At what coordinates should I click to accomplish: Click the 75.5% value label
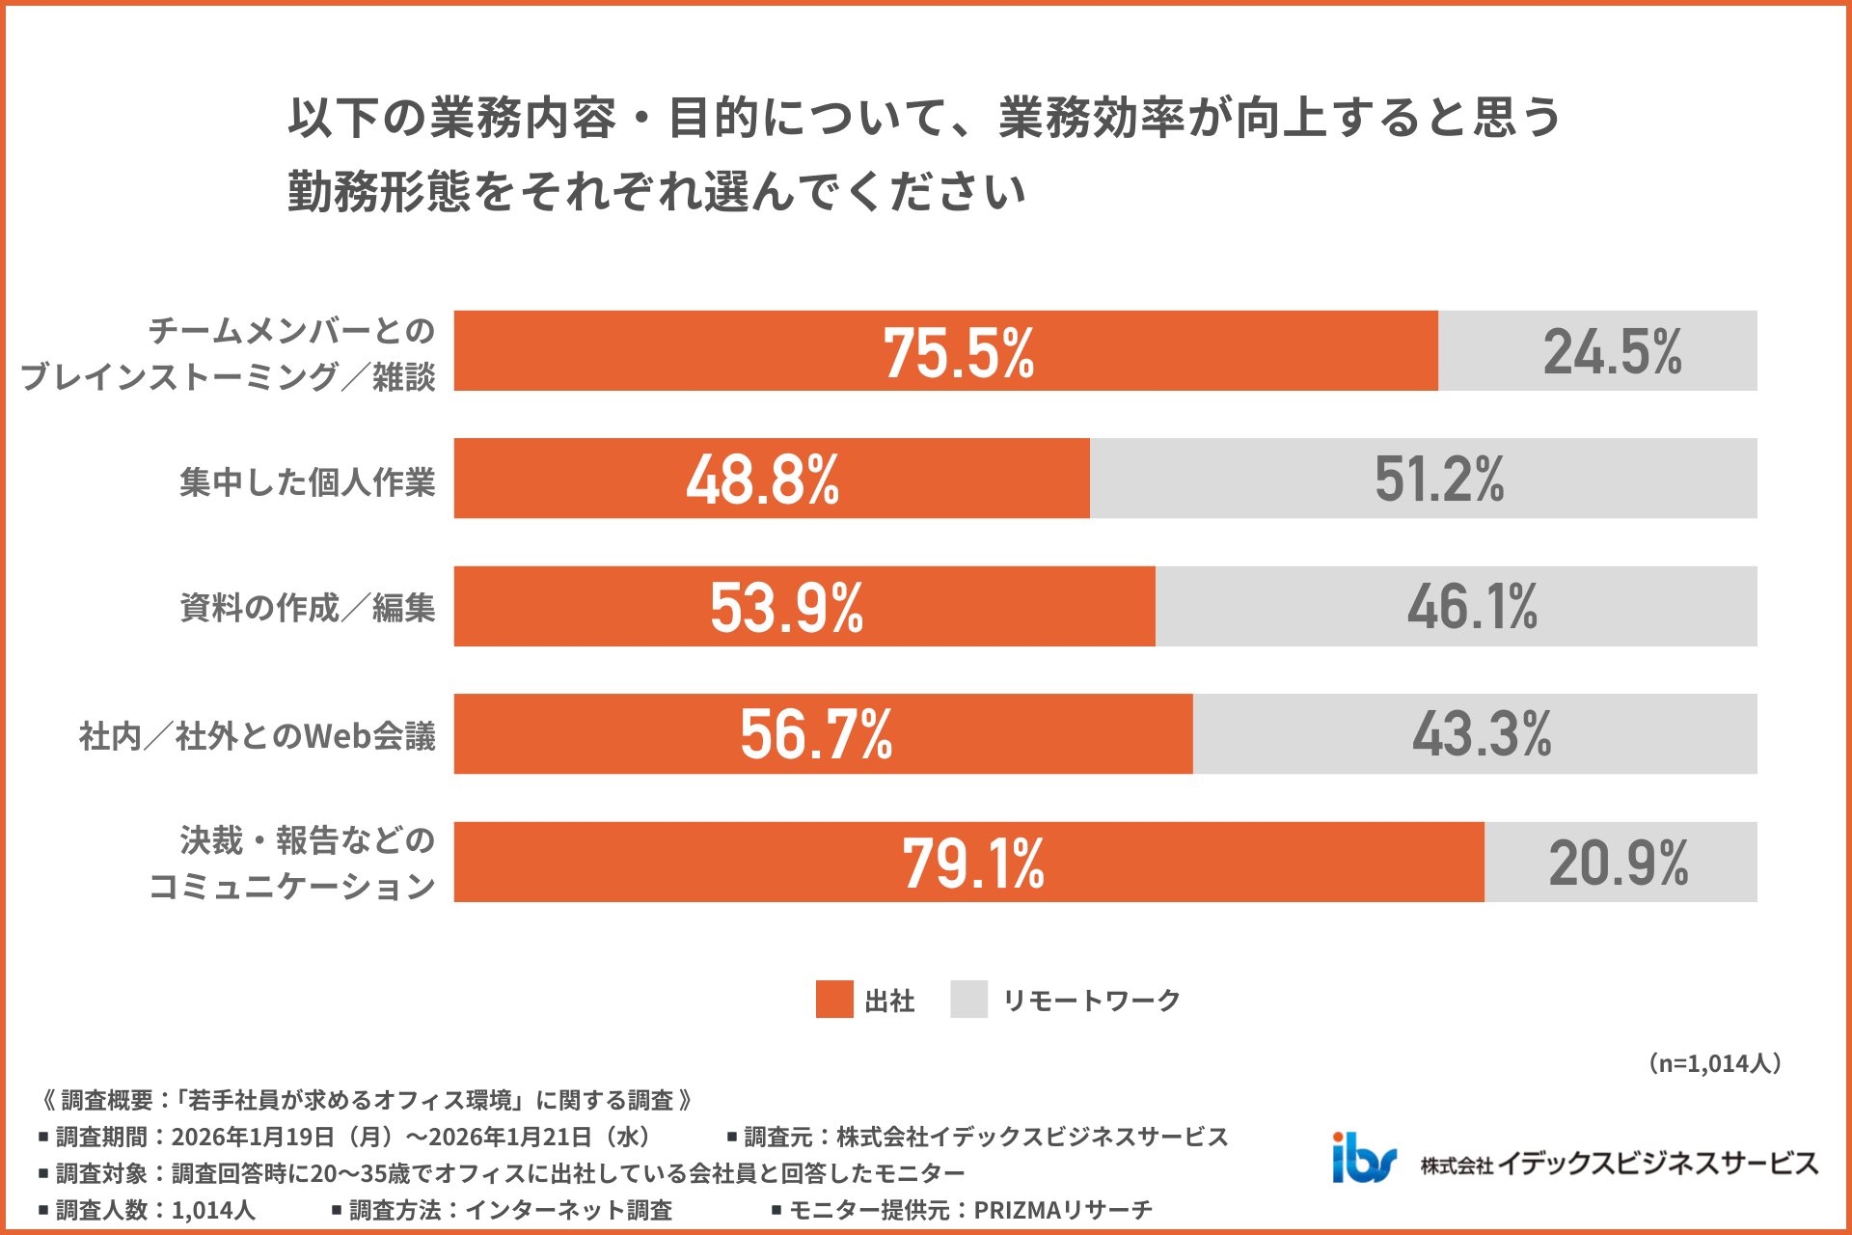[958, 352]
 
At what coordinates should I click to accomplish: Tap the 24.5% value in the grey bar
[1612, 352]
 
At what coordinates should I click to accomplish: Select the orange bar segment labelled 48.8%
[762, 480]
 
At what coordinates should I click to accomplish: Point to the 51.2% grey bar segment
[1438, 480]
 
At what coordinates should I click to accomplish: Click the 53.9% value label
[786, 608]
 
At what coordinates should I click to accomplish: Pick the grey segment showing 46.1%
[1472, 608]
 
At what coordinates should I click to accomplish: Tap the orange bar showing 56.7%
[816, 735]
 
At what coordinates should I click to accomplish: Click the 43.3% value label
[1482, 735]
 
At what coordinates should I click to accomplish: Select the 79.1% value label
[972, 864]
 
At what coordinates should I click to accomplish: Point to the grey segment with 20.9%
[1619, 864]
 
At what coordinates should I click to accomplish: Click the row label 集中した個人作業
[307, 481]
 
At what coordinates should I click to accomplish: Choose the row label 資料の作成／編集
[307, 608]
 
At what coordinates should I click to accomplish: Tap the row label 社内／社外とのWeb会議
[257, 736]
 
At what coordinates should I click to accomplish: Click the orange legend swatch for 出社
[834, 1000]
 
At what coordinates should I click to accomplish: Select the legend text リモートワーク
[1091, 1001]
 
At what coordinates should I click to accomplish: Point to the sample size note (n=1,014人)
[1713, 1063]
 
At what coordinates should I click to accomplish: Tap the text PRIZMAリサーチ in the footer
[1062, 1210]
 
